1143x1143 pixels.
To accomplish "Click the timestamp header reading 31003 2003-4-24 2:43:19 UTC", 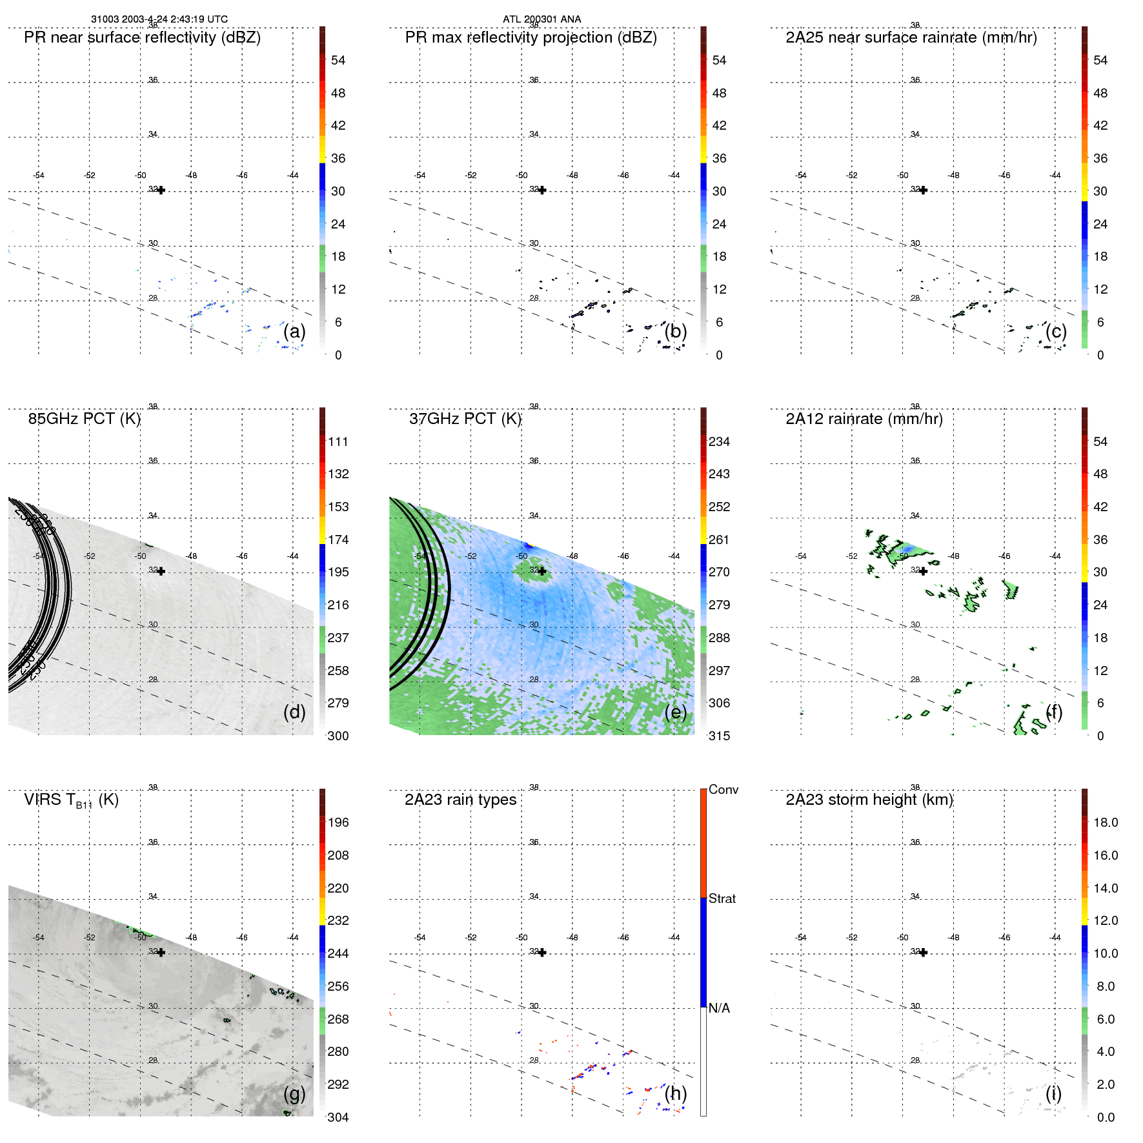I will [x=159, y=19].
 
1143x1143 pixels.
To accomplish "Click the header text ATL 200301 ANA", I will [x=541, y=19].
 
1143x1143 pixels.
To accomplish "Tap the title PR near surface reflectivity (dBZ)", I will [x=142, y=37].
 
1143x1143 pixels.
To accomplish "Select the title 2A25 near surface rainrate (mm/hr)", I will [x=911, y=37].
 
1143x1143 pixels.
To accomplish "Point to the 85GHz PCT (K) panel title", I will [x=84, y=419].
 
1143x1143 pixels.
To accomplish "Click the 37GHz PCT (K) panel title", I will [x=465, y=419].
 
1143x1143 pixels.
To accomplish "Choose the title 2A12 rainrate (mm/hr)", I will [x=864, y=419].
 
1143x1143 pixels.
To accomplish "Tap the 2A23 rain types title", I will [x=460, y=800].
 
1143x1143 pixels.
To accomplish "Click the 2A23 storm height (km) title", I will [x=869, y=800].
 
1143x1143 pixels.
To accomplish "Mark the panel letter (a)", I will [x=294, y=332].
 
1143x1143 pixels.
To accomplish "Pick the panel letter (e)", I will [x=676, y=713].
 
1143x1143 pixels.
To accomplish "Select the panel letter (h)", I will [x=676, y=1093].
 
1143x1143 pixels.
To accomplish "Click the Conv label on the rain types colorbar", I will [x=723, y=789].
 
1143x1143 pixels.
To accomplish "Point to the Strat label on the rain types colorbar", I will [x=722, y=898].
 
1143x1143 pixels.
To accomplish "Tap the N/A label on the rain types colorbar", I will [x=719, y=1008].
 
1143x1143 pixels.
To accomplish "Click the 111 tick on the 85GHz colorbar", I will [x=338, y=442].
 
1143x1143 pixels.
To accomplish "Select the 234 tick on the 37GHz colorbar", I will [x=719, y=442].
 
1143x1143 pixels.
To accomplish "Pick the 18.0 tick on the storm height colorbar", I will [x=1105, y=823].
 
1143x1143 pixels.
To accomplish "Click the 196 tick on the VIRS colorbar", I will [x=338, y=823].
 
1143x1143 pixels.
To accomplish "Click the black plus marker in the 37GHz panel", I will [x=542, y=571].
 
